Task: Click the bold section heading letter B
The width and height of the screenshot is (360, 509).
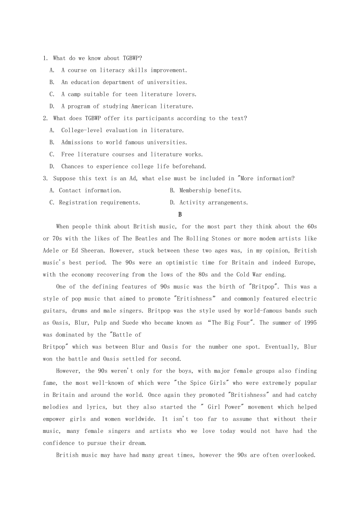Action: click(180, 214)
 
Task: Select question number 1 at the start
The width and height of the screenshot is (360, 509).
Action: click(45, 58)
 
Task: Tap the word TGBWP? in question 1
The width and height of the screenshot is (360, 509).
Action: click(132, 58)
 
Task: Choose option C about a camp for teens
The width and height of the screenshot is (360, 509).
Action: click(128, 94)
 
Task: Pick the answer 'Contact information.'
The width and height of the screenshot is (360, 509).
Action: click(90, 190)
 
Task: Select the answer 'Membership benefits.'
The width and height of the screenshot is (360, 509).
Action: click(210, 190)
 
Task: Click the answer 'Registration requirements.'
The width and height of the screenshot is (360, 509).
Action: click(99, 203)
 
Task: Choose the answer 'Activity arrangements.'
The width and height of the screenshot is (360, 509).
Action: click(213, 203)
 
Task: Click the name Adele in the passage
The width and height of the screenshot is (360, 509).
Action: click(51, 251)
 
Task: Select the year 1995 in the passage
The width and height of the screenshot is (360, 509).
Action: click(310, 323)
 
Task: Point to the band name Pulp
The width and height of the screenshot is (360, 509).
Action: click(99, 323)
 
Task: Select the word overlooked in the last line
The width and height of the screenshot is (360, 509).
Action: click(299, 455)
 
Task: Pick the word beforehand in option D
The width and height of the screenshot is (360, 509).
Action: click(189, 166)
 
